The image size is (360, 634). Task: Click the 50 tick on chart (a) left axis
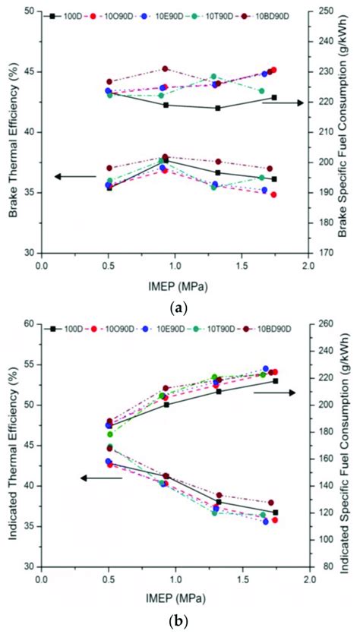point(30,12)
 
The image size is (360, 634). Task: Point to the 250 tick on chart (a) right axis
point(322,12)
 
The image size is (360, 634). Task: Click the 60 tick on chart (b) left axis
point(30,324)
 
